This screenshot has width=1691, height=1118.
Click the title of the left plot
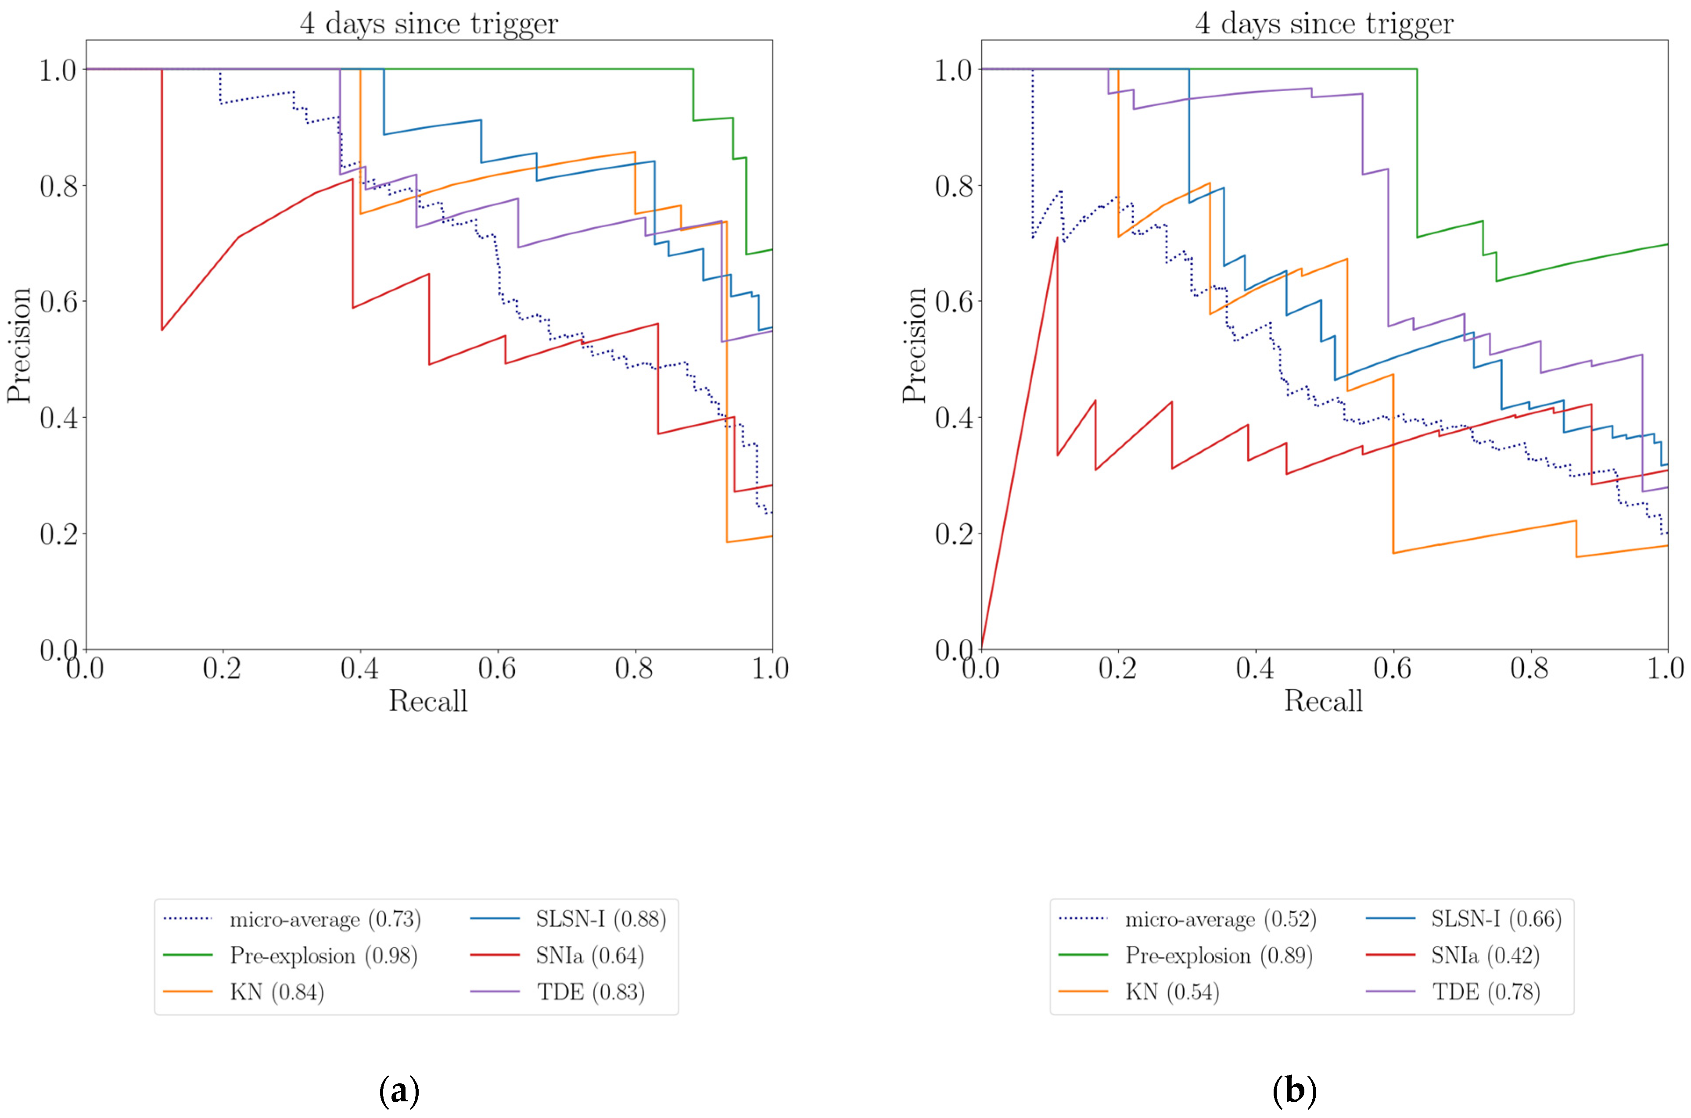click(429, 24)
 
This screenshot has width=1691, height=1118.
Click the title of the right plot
click(1324, 24)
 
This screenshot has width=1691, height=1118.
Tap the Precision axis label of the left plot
click(19, 344)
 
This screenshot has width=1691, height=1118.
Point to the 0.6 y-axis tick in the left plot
click(58, 301)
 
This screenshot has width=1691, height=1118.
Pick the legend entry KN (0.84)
click(277, 992)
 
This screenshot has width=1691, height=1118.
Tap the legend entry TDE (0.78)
click(1486, 992)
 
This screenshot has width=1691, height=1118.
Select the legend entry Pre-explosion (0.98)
click(323, 956)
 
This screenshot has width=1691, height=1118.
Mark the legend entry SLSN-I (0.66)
click(1496, 919)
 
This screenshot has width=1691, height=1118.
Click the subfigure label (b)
click(1294, 1091)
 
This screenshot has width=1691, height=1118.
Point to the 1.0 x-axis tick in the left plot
click(771, 669)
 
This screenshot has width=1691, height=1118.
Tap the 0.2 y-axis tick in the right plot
click(954, 534)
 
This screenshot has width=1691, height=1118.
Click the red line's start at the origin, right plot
click(982, 648)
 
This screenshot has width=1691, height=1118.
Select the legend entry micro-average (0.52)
click(1220, 919)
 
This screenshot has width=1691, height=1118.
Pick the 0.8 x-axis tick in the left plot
click(634, 669)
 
